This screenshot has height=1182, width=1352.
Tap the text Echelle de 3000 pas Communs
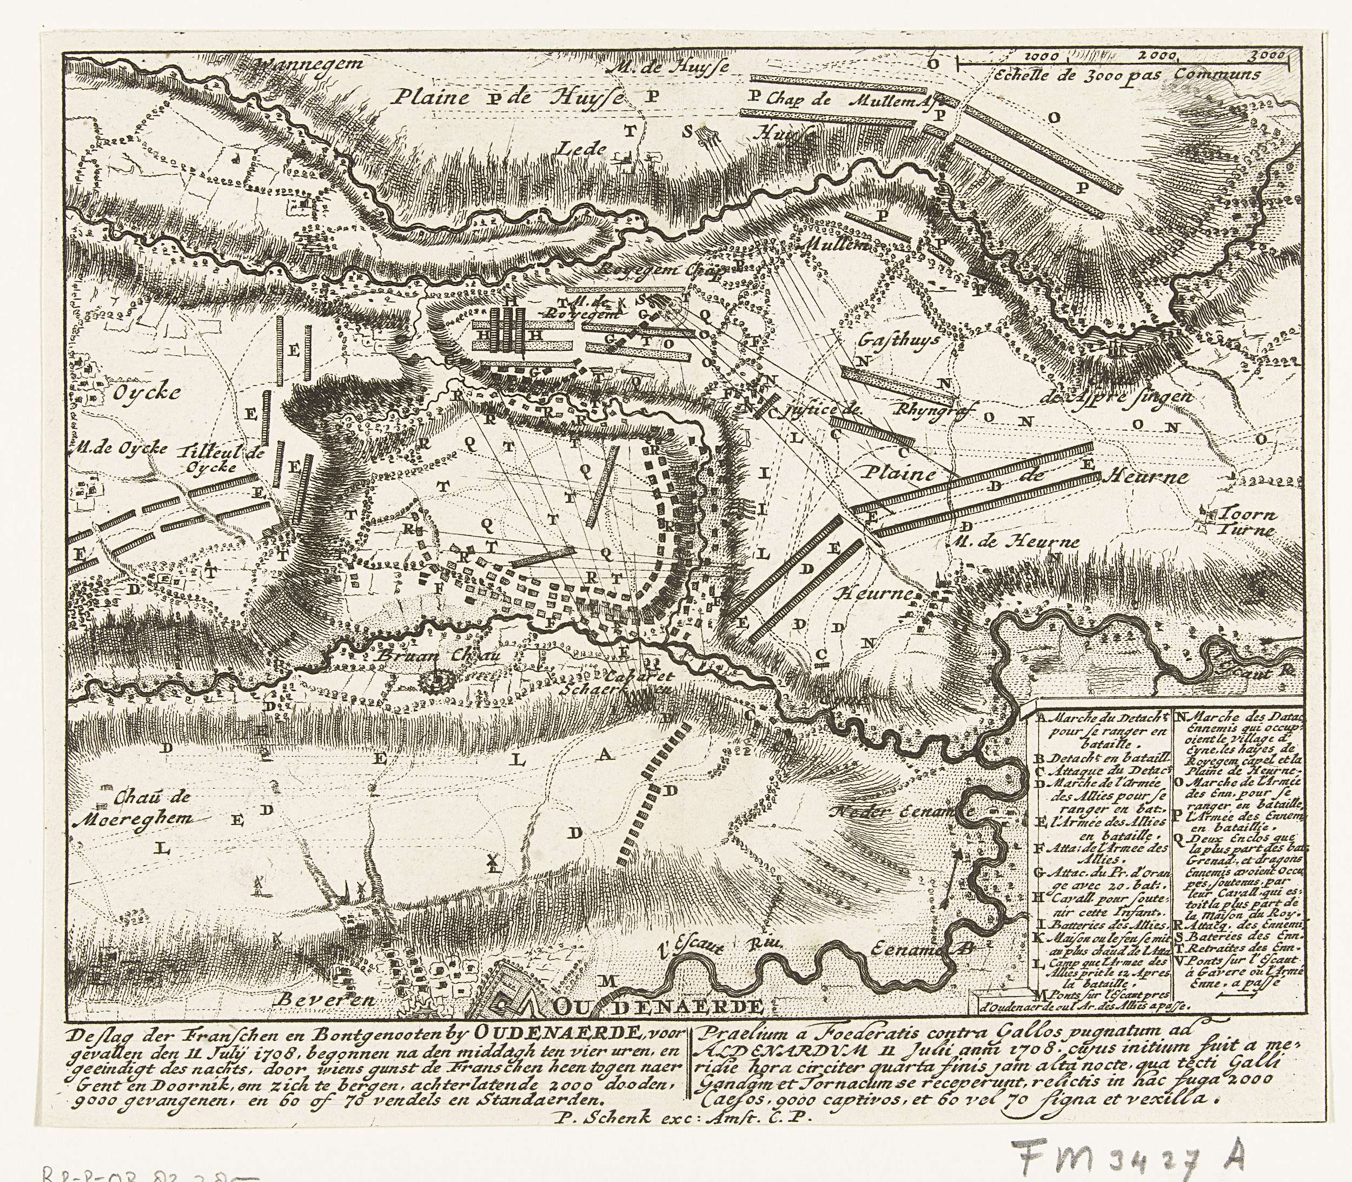pyautogui.click(x=1129, y=75)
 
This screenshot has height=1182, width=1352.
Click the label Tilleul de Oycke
pyautogui.click(x=221, y=459)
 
